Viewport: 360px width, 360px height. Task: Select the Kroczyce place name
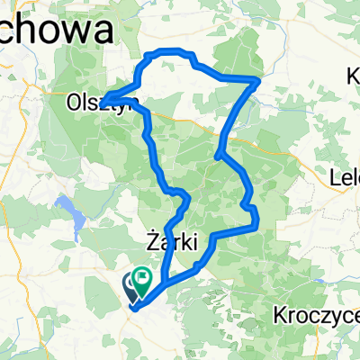point(315,316)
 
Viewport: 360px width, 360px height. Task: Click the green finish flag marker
point(142,279)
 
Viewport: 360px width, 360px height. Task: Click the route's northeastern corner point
point(258,81)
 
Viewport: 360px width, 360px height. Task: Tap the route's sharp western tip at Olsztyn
point(103,100)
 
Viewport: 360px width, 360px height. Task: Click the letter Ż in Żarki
point(150,240)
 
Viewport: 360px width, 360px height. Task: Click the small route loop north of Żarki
point(184,199)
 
